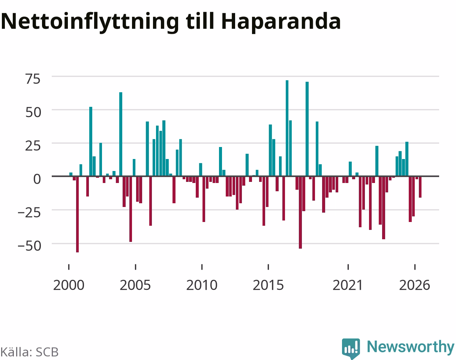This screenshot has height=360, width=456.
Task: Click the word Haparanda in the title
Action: pos(281,21)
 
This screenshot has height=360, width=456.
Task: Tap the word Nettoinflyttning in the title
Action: pos(90,21)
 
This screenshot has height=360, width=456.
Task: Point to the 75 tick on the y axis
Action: pos(33,79)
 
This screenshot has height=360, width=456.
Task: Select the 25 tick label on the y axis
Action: pos(33,146)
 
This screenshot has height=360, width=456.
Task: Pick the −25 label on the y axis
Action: pos(29,213)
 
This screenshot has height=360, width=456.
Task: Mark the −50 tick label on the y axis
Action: pos(29,246)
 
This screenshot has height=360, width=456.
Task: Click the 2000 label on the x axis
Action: pos(69,285)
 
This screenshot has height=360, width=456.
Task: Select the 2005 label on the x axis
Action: pos(135,285)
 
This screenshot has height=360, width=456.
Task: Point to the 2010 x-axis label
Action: pos(202,285)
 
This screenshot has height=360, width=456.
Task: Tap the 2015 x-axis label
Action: pos(268,285)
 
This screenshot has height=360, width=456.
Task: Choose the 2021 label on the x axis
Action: pos(348,285)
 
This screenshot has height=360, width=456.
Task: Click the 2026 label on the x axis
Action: pos(415,285)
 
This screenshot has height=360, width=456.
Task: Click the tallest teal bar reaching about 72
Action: pos(287,128)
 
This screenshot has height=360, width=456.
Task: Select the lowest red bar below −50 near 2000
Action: pos(77,214)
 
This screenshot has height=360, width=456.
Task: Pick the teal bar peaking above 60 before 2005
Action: pos(121,134)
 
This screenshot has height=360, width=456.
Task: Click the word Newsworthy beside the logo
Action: pos(411,347)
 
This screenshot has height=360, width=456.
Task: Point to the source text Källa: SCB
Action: pos(30,352)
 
